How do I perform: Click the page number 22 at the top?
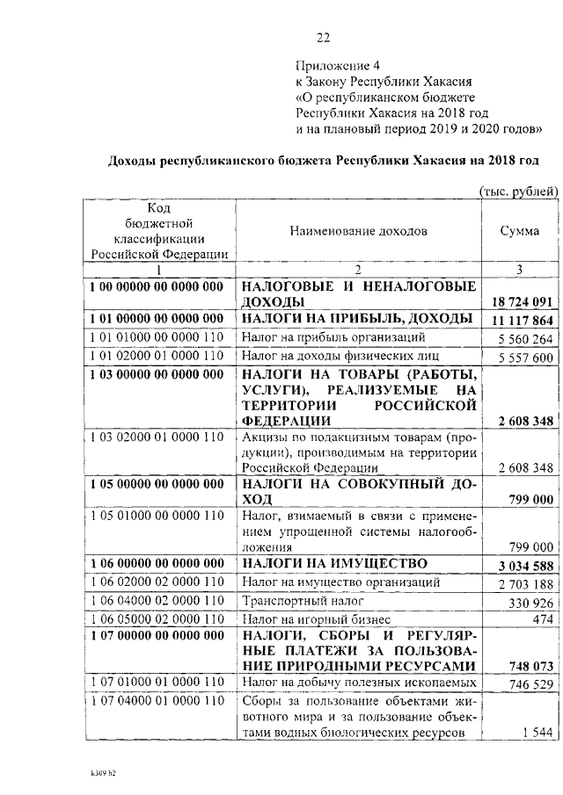[323, 37]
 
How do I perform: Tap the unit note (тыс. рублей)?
[518, 191]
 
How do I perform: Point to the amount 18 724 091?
[523, 301]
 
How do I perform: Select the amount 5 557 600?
[524, 358]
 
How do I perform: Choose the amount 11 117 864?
[523, 321]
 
